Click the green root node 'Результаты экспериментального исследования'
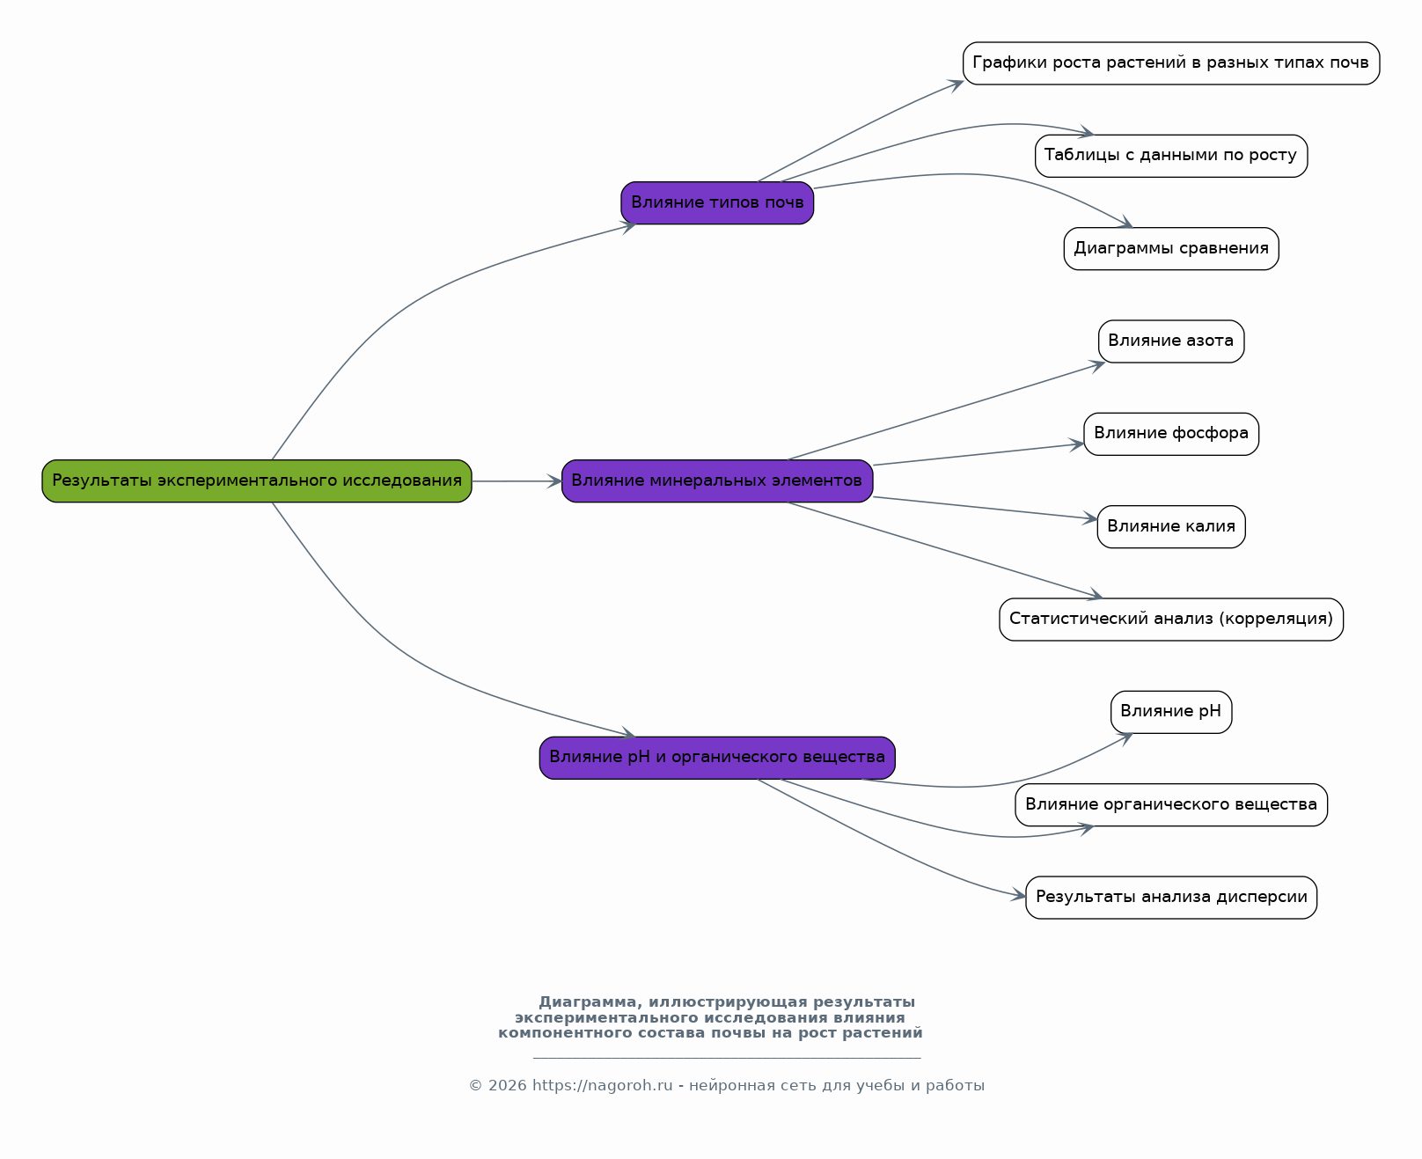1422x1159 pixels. pyautogui.click(x=257, y=481)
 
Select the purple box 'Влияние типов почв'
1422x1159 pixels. pyautogui.click(x=717, y=203)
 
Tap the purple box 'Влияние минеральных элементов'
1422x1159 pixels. pyautogui.click(x=717, y=481)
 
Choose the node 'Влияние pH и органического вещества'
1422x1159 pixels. pyautogui.click(x=717, y=758)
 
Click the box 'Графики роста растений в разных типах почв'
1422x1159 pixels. pyautogui.click(x=1170, y=63)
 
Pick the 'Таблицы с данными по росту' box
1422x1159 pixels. pyautogui.click(x=1170, y=156)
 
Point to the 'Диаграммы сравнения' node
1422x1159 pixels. pyautogui.click(x=1170, y=249)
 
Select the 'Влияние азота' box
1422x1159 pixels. pyautogui.click(x=1170, y=341)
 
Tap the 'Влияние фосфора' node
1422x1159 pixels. pyautogui.click(x=1170, y=434)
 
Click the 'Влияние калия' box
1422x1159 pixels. pyautogui.click(x=1170, y=527)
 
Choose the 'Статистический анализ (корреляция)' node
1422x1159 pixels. pyautogui.click(x=1170, y=620)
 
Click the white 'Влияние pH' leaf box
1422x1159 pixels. pyautogui.click(x=1170, y=712)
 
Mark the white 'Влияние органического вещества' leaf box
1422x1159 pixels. pyautogui.click(x=1170, y=805)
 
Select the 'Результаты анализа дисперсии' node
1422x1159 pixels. pyautogui.click(x=1170, y=898)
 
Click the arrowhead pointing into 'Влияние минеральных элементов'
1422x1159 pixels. pyautogui.click(x=554, y=481)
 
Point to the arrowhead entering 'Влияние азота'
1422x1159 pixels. pyautogui.click(x=1098, y=364)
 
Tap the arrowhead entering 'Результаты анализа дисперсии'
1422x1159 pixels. pyautogui.click(x=1019, y=896)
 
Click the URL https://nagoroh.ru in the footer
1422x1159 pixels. pyautogui.click(x=602, y=1086)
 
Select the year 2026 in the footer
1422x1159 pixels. pyautogui.click(x=508, y=1086)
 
